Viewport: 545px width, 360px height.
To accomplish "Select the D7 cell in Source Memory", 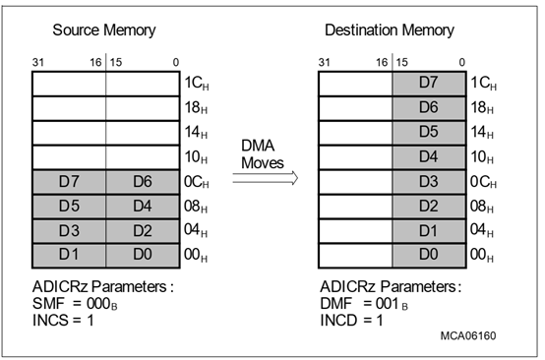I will (x=69, y=181).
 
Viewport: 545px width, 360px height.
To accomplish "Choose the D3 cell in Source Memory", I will (x=69, y=230).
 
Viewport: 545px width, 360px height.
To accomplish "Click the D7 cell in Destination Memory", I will (x=428, y=83).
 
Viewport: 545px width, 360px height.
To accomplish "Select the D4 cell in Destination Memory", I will (x=428, y=156).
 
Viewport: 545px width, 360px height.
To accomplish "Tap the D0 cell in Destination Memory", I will (x=428, y=255).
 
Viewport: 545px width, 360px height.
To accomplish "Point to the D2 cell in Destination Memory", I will (x=428, y=206).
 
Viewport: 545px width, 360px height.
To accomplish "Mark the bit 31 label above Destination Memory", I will (x=325, y=62).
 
